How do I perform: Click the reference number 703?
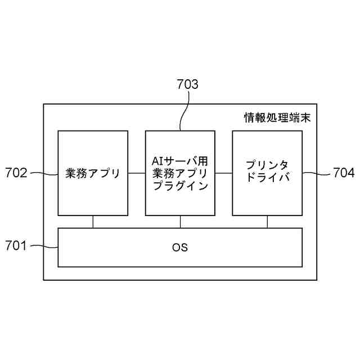(x=187, y=85)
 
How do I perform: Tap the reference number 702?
(x=16, y=173)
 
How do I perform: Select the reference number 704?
(x=343, y=173)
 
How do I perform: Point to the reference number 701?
(x=16, y=245)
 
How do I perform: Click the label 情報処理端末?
(x=277, y=119)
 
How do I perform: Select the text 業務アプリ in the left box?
(x=93, y=173)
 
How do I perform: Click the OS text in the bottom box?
(x=180, y=247)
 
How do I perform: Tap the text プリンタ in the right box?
(x=267, y=165)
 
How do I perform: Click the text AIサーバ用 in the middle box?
(x=180, y=160)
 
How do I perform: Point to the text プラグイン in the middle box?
(x=180, y=185)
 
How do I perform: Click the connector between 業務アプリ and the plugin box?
(x=136, y=173)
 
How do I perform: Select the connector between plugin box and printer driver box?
(x=223, y=173)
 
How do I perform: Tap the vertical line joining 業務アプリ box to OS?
(x=93, y=222)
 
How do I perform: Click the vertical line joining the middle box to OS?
(x=180, y=222)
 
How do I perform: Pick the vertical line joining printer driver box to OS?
(x=267, y=222)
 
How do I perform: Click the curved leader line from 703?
(x=184, y=112)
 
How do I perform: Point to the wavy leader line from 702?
(x=43, y=173)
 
